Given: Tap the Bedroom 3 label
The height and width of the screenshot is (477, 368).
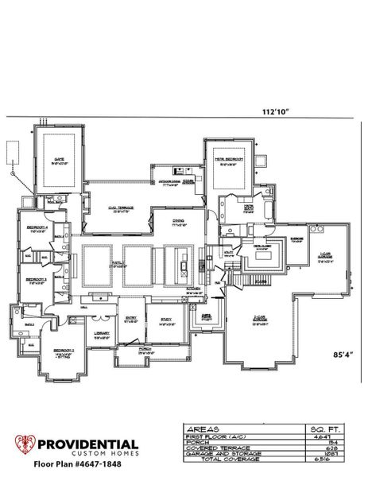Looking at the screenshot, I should click(35, 280).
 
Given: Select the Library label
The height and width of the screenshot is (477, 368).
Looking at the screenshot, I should click(100, 333).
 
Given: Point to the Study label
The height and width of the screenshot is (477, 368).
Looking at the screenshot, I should click(165, 321).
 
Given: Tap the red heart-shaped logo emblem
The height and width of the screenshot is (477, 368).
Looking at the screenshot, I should click(26, 447).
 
